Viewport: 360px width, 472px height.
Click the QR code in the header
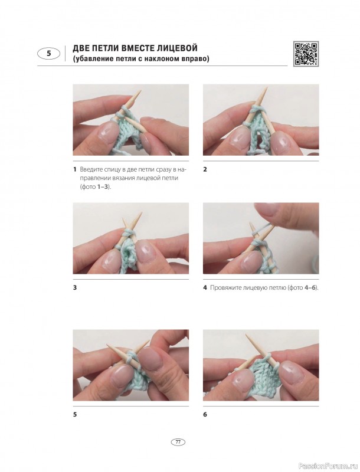click(x=306, y=53)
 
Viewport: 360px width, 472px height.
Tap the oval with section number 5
click(x=49, y=54)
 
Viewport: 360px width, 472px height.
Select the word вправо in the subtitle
click(x=195, y=58)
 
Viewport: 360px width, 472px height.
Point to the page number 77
click(x=178, y=442)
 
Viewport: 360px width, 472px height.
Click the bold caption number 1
click(x=74, y=169)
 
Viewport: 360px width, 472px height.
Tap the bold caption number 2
click(x=205, y=169)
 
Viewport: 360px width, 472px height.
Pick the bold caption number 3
click(x=75, y=287)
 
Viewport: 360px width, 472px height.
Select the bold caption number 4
click(x=205, y=287)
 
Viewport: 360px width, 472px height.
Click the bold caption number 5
click(x=75, y=415)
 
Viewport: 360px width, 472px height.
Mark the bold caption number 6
click(x=205, y=415)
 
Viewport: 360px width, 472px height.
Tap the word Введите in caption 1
click(x=90, y=169)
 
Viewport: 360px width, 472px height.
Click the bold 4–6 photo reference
click(x=310, y=288)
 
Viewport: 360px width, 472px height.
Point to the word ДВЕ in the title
click(x=81, y=48)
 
